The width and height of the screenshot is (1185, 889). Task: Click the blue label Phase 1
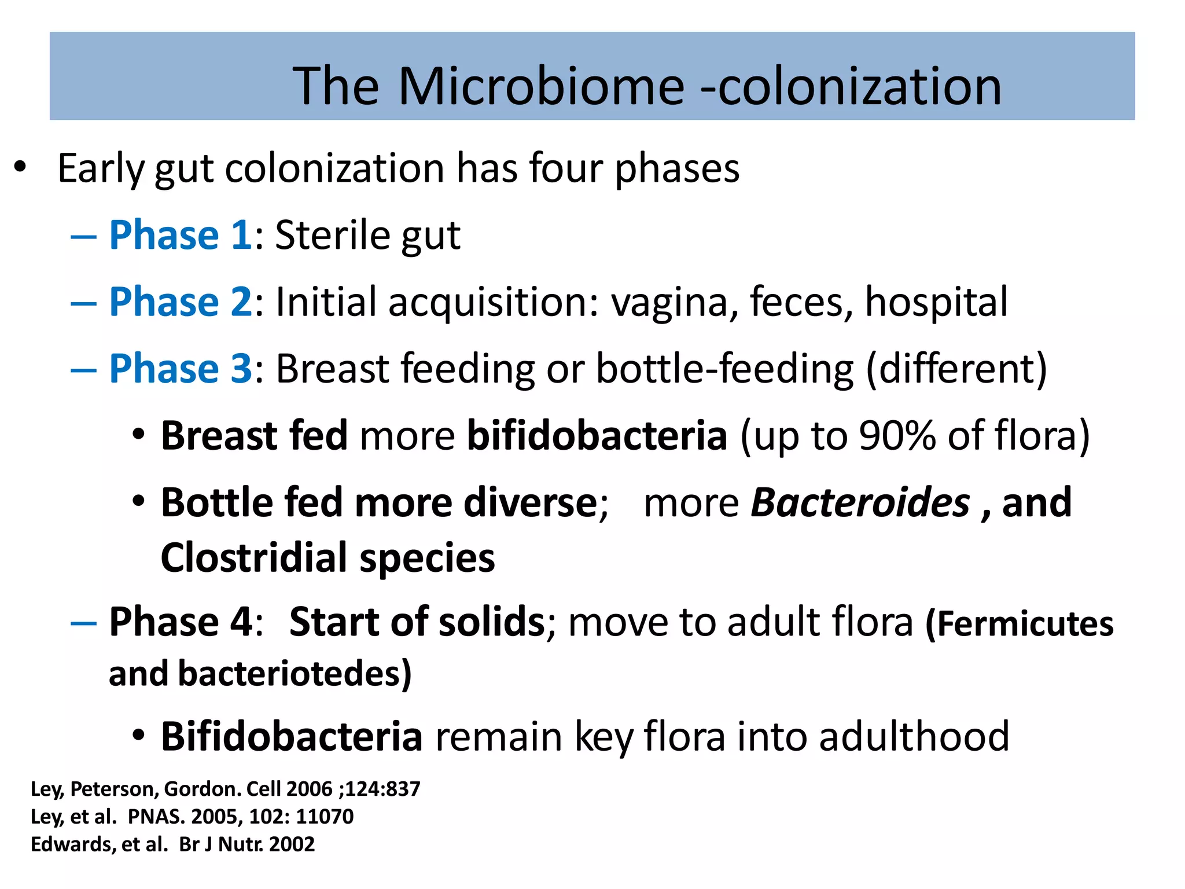tap(181, 235)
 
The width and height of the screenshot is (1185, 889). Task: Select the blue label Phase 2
tap(181, 302)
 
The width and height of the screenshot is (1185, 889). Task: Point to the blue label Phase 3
tap(181, 369)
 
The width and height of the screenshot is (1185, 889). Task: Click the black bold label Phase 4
tap(181, 622)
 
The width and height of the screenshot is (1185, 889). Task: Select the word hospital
tap(936, 302)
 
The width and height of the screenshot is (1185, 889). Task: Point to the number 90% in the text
tap(897, 435)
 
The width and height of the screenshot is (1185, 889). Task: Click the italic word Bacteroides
tap(860, 502)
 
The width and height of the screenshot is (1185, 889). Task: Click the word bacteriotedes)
tap(295, 674)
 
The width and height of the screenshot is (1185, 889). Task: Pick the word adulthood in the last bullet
tap(914, 736)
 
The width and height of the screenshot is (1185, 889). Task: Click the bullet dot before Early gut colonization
tap(20, 168)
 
